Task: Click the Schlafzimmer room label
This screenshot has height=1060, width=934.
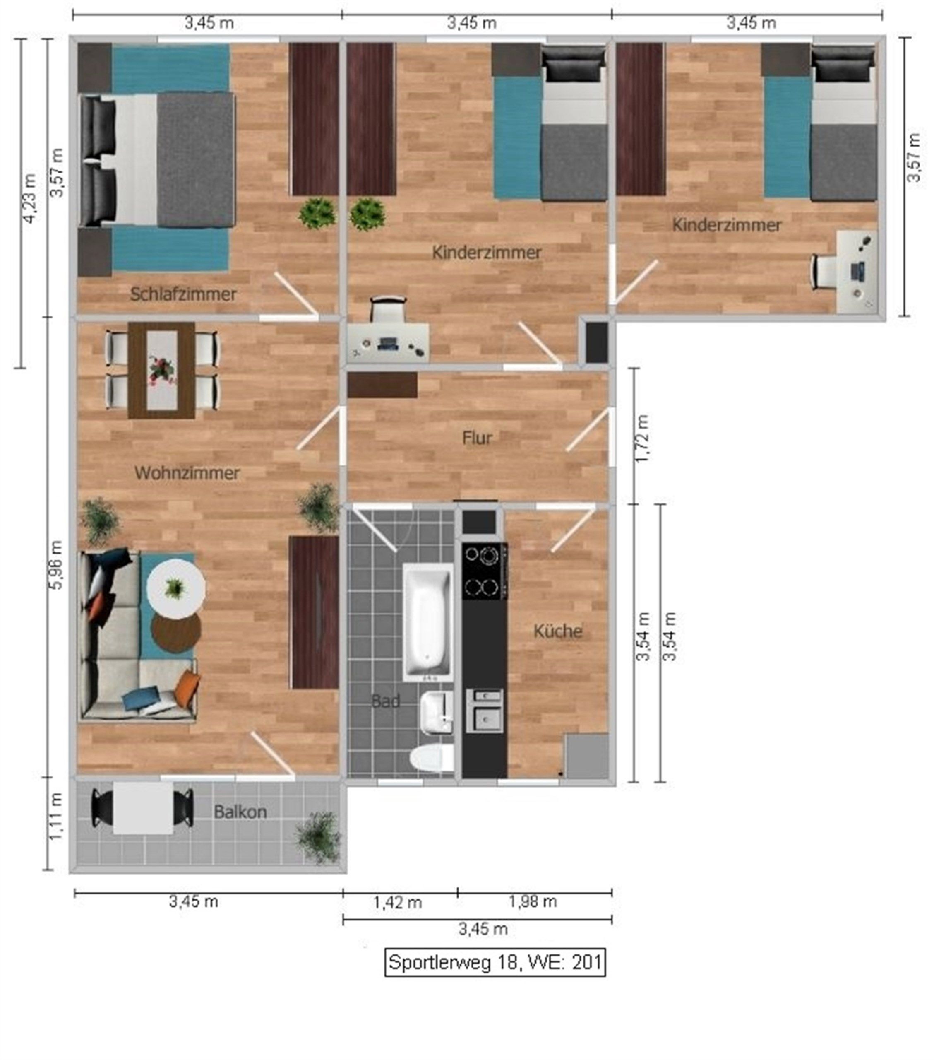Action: (x=183, y=294)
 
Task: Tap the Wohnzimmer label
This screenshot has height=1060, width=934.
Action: (x=187, y=472)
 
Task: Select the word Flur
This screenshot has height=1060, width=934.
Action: (x=477, y=438)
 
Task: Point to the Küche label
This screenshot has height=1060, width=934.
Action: (x=558, y=631)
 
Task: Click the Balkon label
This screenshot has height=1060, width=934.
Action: (x=240, y=811)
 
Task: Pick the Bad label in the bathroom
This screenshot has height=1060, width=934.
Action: (x=386, y=701)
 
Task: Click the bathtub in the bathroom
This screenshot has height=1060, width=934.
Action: (x=428, y=622)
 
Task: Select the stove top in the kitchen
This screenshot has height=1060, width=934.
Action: (x=485, y=571)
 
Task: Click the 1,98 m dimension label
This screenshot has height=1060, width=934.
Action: (x=533, y=902)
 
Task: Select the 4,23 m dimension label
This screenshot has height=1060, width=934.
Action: (x=31, y=199)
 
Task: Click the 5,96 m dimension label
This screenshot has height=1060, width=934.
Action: (x=57, y=565)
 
